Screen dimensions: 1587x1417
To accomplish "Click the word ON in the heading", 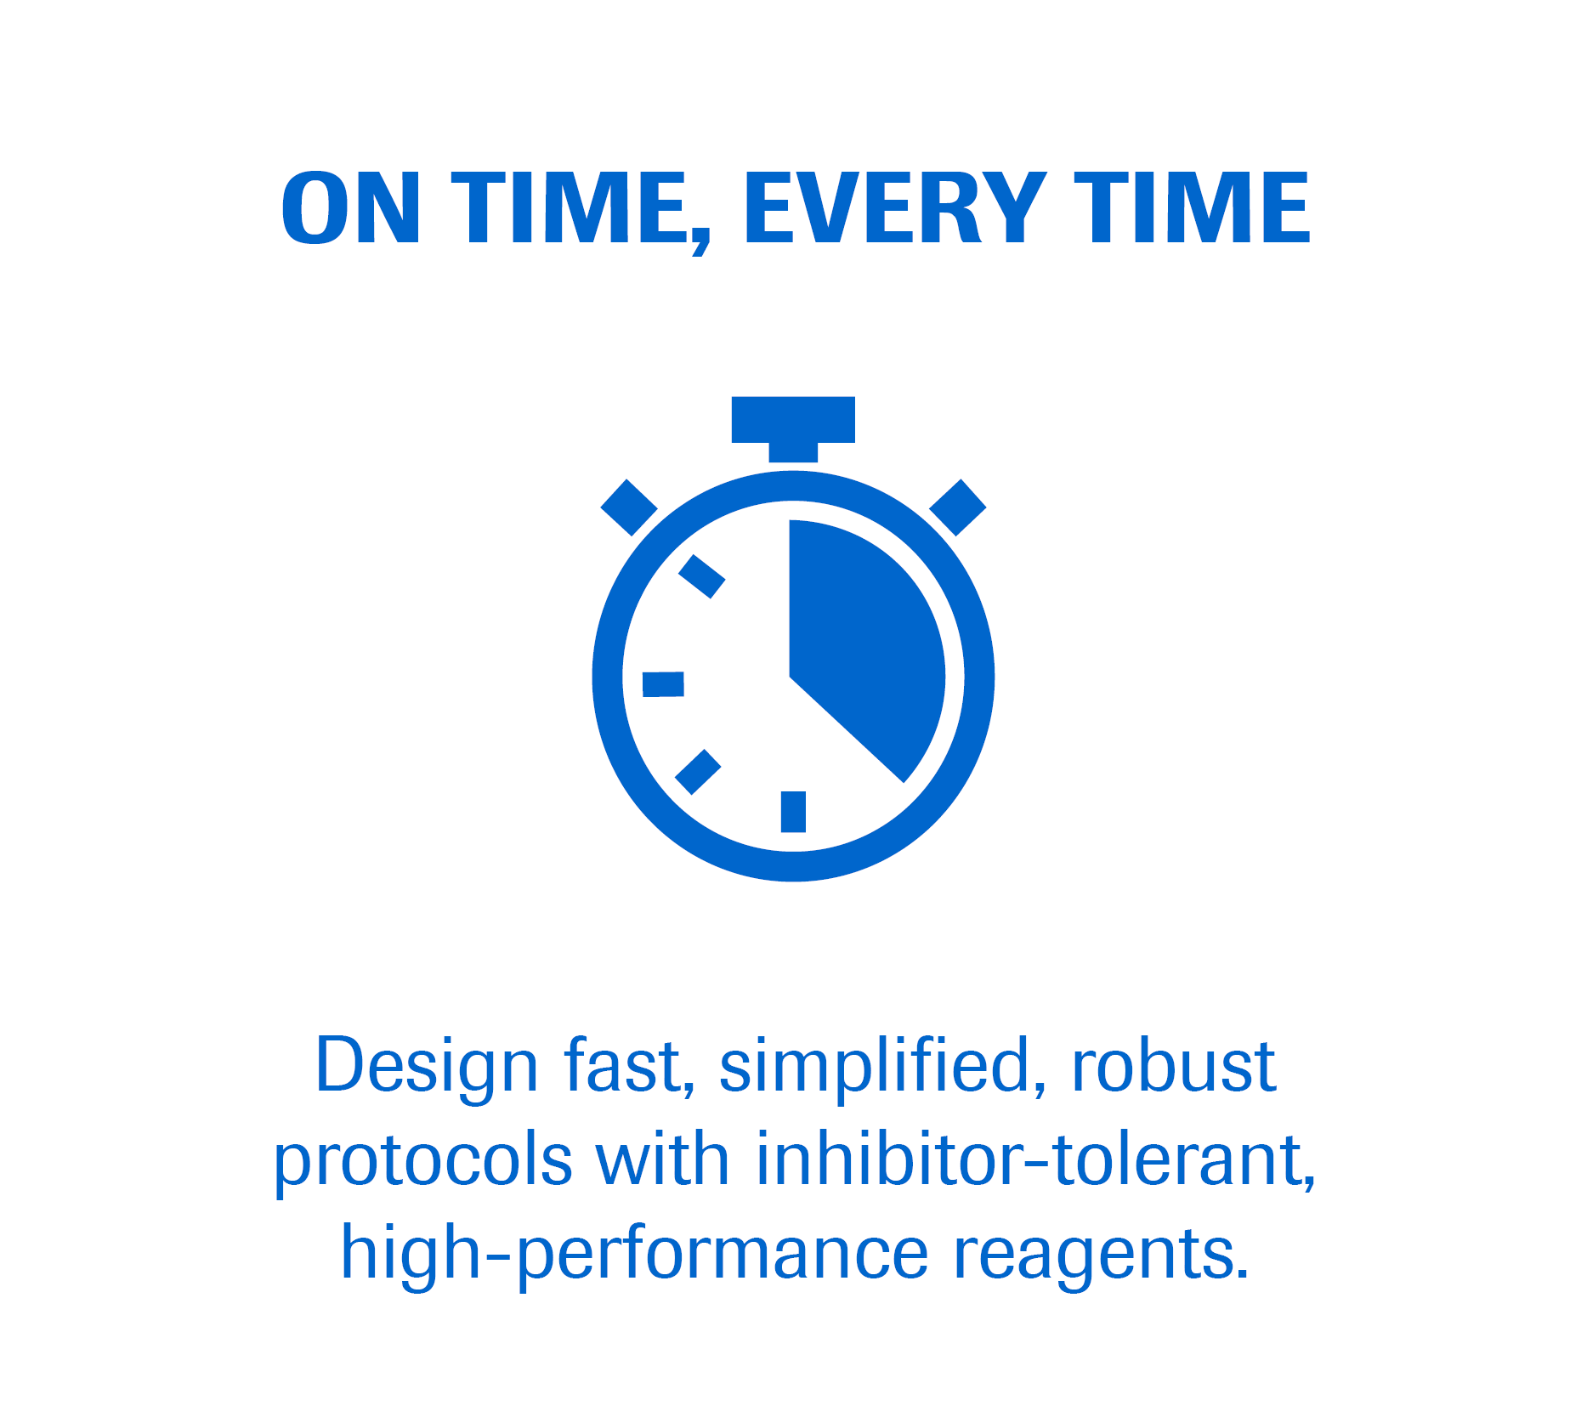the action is [x=350, y=207].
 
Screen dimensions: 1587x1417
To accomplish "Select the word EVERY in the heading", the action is [x=895, y=207].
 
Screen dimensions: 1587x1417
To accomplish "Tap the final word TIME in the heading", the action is [x=1192, y=207].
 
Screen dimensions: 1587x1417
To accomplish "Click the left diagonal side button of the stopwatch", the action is [x=629, y=507].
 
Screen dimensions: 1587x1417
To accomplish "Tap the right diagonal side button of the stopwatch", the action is [x=958, y=507].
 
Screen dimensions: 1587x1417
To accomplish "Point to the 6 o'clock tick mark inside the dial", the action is [x=793, y=812].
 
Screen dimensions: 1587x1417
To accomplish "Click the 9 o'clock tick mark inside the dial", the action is [x=663, y=684].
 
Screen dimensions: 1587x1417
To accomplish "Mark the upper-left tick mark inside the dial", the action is [x=701, y=576].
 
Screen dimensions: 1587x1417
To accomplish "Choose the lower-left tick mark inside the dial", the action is [x=698, y=772].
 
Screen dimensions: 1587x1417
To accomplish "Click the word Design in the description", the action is [x=427, y=1067].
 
